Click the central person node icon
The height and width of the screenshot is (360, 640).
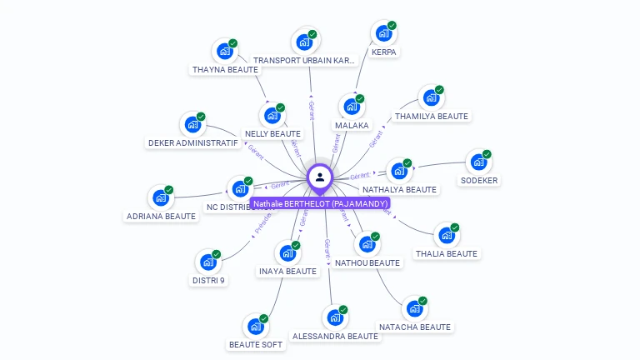coord(320,177)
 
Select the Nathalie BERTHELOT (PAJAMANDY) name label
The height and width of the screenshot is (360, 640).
coord(320,203)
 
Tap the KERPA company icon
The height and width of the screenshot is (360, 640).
coord(383,33)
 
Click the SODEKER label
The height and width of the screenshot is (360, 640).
coord(479,181)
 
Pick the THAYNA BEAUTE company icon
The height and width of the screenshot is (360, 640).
coord(224,52)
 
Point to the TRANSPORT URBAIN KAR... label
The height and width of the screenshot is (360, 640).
coord(304,60)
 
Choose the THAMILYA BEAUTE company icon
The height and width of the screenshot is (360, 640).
coord(431,98)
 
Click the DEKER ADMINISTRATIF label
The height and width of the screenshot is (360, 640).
coord(193,143)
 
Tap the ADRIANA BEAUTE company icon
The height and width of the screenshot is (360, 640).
coord(160,198)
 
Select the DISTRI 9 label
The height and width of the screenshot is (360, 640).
coord(208,281)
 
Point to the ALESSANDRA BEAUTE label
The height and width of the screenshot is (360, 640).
coord(335,337)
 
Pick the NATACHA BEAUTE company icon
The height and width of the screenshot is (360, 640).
coord(414,309)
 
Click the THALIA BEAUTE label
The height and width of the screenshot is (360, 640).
coord(447,254)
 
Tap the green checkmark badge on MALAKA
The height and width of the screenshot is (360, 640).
coord(360,99)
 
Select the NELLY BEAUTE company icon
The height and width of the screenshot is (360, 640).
coord(272,116)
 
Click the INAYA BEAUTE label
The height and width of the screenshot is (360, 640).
coord(288,272)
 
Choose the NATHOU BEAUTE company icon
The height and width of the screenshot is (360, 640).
coord(367,245)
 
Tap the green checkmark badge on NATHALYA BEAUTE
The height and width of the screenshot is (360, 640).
coord(407,163)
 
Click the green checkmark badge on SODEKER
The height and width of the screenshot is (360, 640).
coord(487,154)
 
